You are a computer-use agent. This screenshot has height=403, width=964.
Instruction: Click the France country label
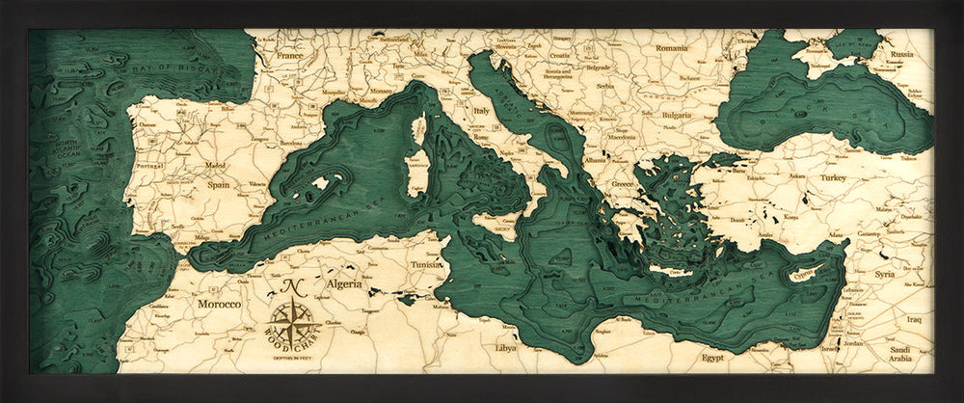coord(290,56)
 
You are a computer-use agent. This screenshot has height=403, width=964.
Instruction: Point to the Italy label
coord(482,111)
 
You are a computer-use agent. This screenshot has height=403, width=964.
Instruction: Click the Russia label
coord(901,55)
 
